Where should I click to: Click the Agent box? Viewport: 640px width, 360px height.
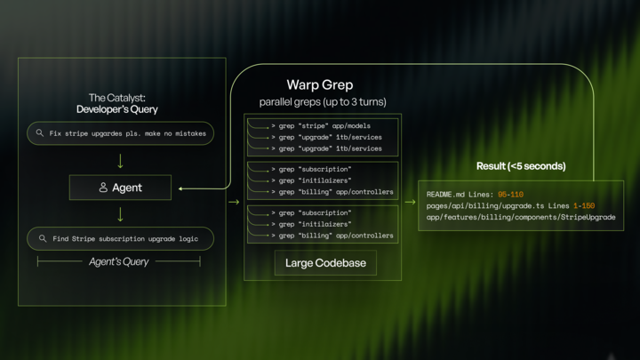120,188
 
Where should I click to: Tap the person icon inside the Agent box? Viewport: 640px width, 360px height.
103,188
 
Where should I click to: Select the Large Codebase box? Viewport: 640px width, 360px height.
324,263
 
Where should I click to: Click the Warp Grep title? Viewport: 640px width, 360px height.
319,85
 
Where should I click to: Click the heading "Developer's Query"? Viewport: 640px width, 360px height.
116,109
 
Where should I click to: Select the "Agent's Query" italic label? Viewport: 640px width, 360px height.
119,261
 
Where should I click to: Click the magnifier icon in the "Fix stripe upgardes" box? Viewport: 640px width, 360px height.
40,133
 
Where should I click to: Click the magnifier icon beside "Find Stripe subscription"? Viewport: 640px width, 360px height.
43,238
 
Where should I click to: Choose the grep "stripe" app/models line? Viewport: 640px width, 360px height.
320,126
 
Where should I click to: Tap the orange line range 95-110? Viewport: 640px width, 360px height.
510,195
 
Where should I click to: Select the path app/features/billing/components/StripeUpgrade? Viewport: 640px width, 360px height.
520,217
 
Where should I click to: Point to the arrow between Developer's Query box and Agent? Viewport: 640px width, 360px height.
120,162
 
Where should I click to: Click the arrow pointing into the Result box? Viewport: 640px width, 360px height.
410,202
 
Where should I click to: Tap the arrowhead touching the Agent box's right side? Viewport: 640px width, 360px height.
180,188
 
